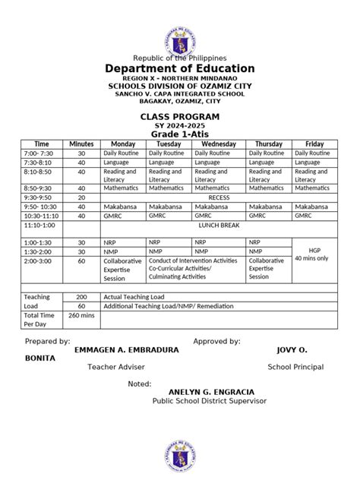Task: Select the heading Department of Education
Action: pos(179,69)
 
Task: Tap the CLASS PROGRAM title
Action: pos(179,116)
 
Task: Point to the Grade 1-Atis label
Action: pos(179,134)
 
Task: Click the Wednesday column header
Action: pos(219,144)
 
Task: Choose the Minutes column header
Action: pos(81,144)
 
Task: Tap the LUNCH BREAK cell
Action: pos(219,226)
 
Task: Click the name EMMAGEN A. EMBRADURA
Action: pos(128,350)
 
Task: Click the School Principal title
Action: pos(295,367)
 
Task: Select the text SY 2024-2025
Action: pos(179,125)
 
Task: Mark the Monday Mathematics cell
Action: pos(122,187)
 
